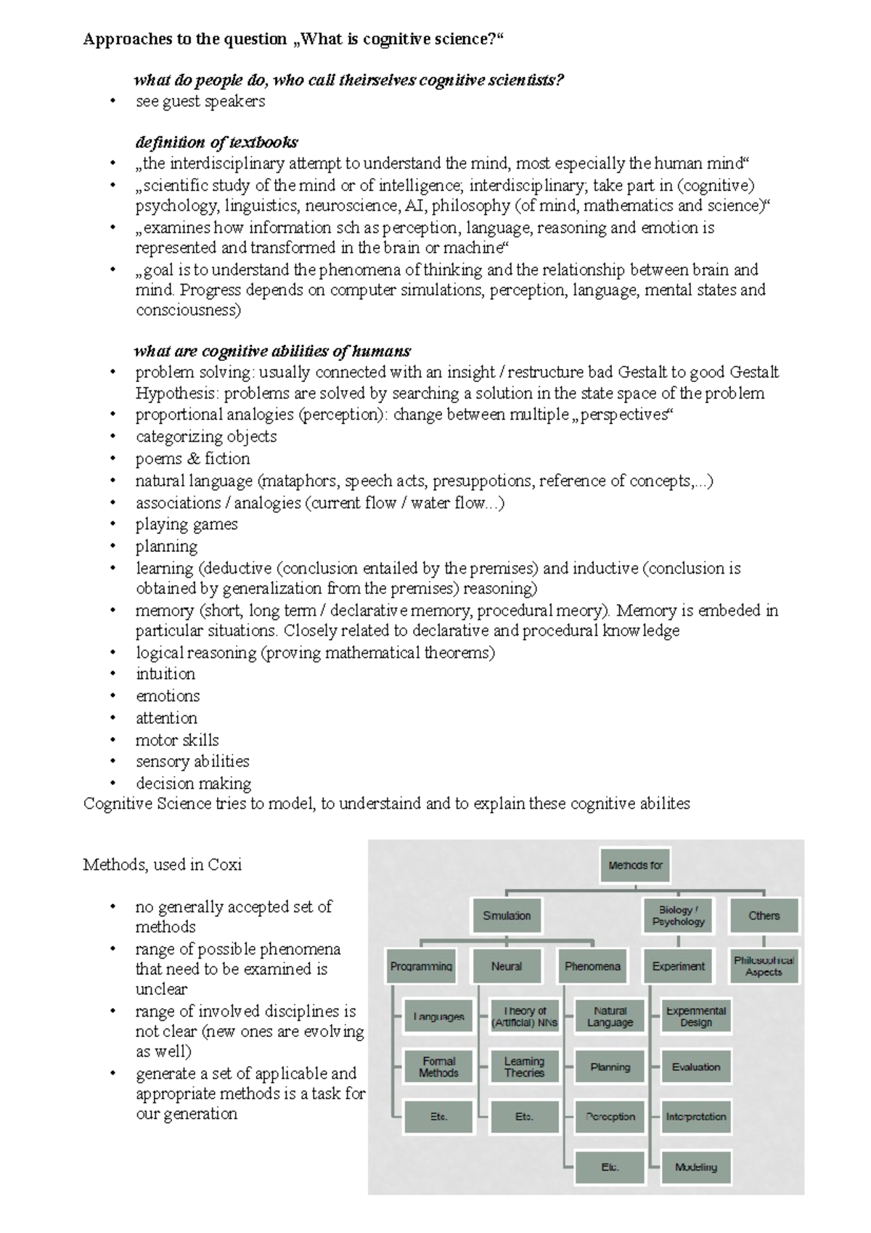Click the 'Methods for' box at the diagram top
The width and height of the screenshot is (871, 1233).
pos(635,866)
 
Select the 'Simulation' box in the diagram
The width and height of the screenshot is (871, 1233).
pos(507,916)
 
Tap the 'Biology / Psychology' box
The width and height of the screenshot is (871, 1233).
pos(678,916)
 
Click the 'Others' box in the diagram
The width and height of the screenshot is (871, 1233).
pos(764,916)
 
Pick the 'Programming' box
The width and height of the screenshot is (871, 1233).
pos(421,967)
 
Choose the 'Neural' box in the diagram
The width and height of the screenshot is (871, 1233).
pos(507,967)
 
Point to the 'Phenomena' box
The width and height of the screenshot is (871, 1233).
pos(592,967)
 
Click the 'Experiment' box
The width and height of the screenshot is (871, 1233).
pos(678,967)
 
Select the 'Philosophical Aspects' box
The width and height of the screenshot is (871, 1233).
pos(764,967)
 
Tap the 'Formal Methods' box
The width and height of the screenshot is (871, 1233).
pos(438,1067)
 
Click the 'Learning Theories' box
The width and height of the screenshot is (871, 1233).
pos(524,1067)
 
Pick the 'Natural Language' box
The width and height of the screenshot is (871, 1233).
pos(610,1017)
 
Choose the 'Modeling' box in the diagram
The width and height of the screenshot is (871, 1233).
pos(695,1167)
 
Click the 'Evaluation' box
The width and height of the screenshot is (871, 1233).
pos(695,1067)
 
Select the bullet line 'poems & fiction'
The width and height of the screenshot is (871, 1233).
pos(192,459)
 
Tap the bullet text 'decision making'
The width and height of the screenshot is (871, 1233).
pos(193,784)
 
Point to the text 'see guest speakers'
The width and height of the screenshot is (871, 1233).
pos(200,102)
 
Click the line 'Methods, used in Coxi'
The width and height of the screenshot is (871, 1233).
pos(162,865)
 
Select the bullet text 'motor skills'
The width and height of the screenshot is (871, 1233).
pos(176,740)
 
